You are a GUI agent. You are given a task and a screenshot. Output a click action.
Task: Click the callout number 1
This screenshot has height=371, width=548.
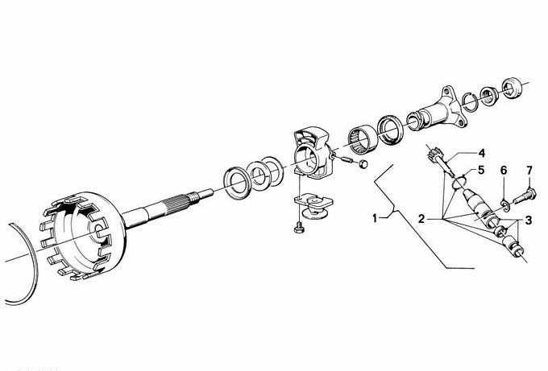point(375,219)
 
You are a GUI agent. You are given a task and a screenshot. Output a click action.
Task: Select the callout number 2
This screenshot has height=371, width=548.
point(421,219)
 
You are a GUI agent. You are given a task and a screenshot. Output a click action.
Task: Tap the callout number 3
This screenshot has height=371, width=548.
point(528,221)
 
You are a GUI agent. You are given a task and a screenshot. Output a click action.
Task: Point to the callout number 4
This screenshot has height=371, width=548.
point(482,153)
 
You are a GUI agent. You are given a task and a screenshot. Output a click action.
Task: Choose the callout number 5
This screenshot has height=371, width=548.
point(481,171)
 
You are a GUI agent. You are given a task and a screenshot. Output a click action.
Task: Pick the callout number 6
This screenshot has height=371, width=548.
point(504,171)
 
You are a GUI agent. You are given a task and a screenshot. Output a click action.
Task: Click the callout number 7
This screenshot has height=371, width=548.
point(529,171)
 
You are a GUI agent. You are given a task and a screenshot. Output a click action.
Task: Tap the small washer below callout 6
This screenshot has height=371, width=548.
point(504,205)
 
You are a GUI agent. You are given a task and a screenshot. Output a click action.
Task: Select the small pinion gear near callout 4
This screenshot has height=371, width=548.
point(434,154)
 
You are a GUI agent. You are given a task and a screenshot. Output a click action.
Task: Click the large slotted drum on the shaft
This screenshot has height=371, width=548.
point(83,236)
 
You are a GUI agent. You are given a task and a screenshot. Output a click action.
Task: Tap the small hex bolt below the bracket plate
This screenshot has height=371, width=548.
point(299,228)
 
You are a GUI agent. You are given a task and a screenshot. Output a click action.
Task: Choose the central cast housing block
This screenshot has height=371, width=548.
point(313,153)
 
